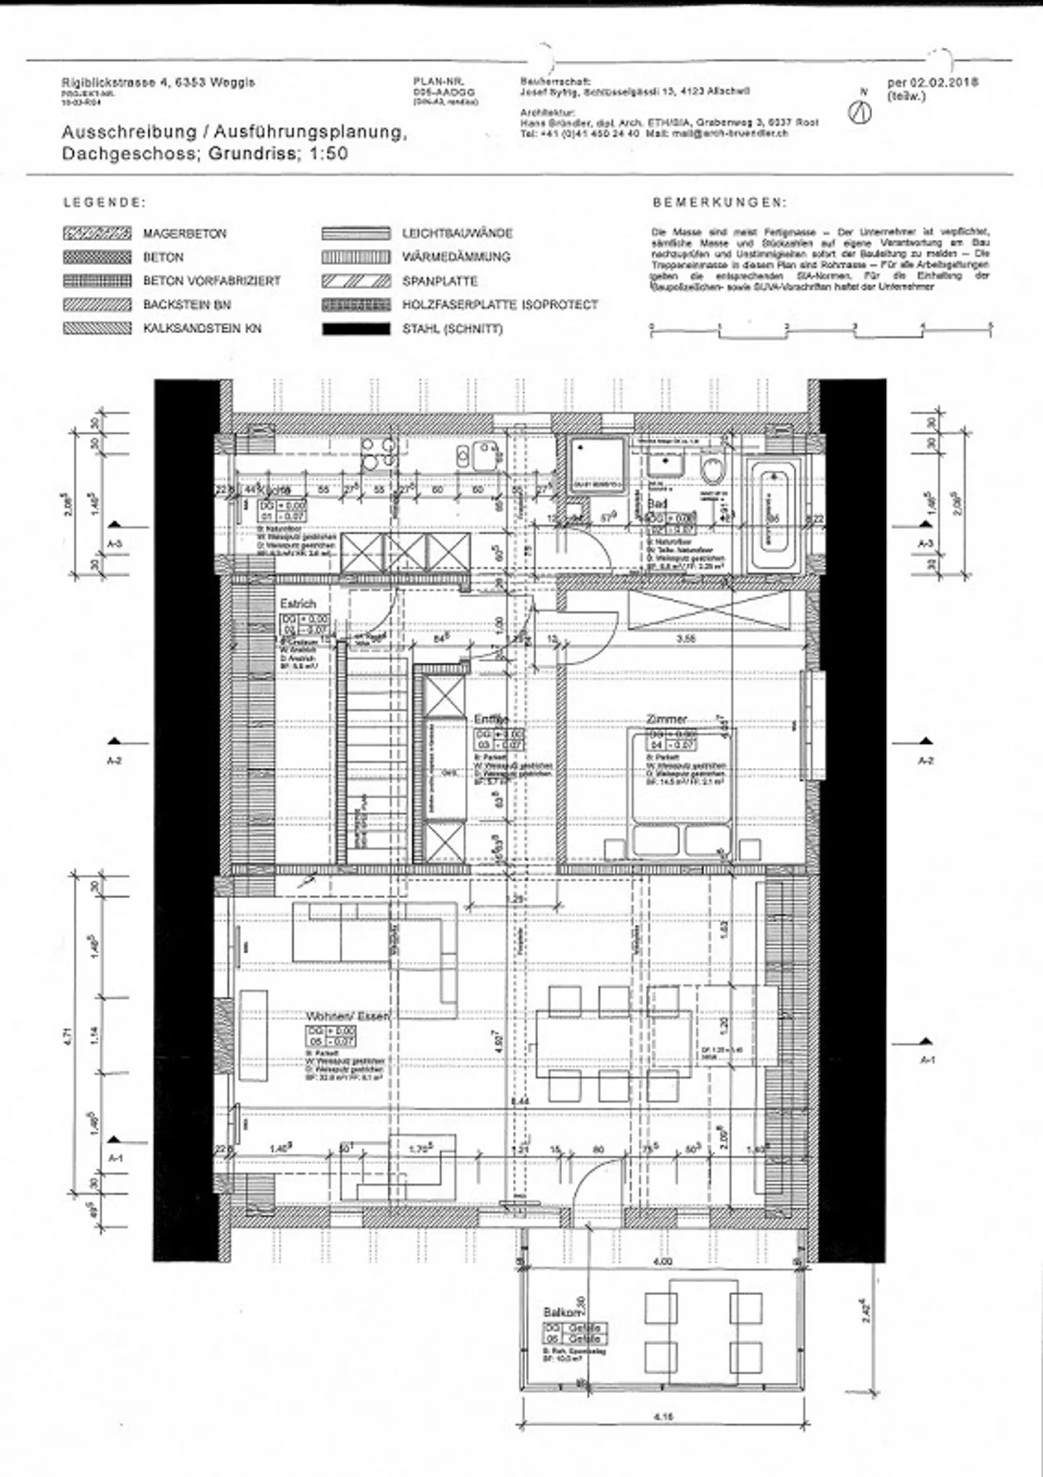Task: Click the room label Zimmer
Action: click(x=666, y=719)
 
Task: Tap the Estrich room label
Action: click(x=298, y=603)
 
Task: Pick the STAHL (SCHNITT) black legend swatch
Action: click(x=356, y=329)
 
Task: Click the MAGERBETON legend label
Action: click(x=185, y=234)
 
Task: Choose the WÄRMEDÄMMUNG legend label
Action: click(x=456, y=257)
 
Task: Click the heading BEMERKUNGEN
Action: click(x=719, y=203)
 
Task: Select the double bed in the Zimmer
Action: click(x=682, y=793)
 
